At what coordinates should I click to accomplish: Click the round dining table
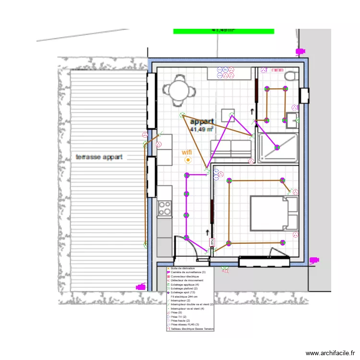(179, 89)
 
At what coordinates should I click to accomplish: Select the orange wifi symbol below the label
(188, 160)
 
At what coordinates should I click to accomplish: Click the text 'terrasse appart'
(99, 157)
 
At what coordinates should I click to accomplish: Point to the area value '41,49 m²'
(202, 129)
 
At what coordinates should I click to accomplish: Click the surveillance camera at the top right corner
(300, 51)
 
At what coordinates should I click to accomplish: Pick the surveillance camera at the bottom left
(141, 287)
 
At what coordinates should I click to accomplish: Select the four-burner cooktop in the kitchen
(165, 208)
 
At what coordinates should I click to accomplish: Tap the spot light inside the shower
(277, 147)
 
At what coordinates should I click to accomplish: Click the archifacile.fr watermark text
(331, 353)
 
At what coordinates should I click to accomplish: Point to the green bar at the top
(223, 31)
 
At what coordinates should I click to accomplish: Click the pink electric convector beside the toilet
(277, 70)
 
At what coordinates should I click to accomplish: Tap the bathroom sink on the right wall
(292, 120)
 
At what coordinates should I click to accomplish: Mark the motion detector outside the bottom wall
(225, 270)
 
